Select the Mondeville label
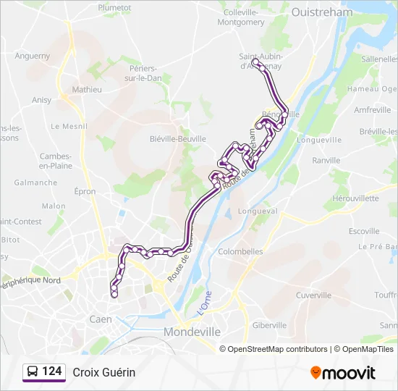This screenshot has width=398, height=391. click(192, 331)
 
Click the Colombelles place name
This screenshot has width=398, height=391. click(240, 251)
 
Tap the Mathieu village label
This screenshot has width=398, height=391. click(87, 90)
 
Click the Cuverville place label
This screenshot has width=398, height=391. click(313, 295)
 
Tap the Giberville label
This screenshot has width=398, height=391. click(270, 325)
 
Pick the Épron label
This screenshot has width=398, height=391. click(85, 191)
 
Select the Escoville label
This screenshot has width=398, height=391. click(364, 231)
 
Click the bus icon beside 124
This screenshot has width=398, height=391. click(33, 372)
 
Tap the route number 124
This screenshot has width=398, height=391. click(51, 371)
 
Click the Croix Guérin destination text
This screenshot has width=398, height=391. click(103, 372)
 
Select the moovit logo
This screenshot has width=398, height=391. click(343, 373)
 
